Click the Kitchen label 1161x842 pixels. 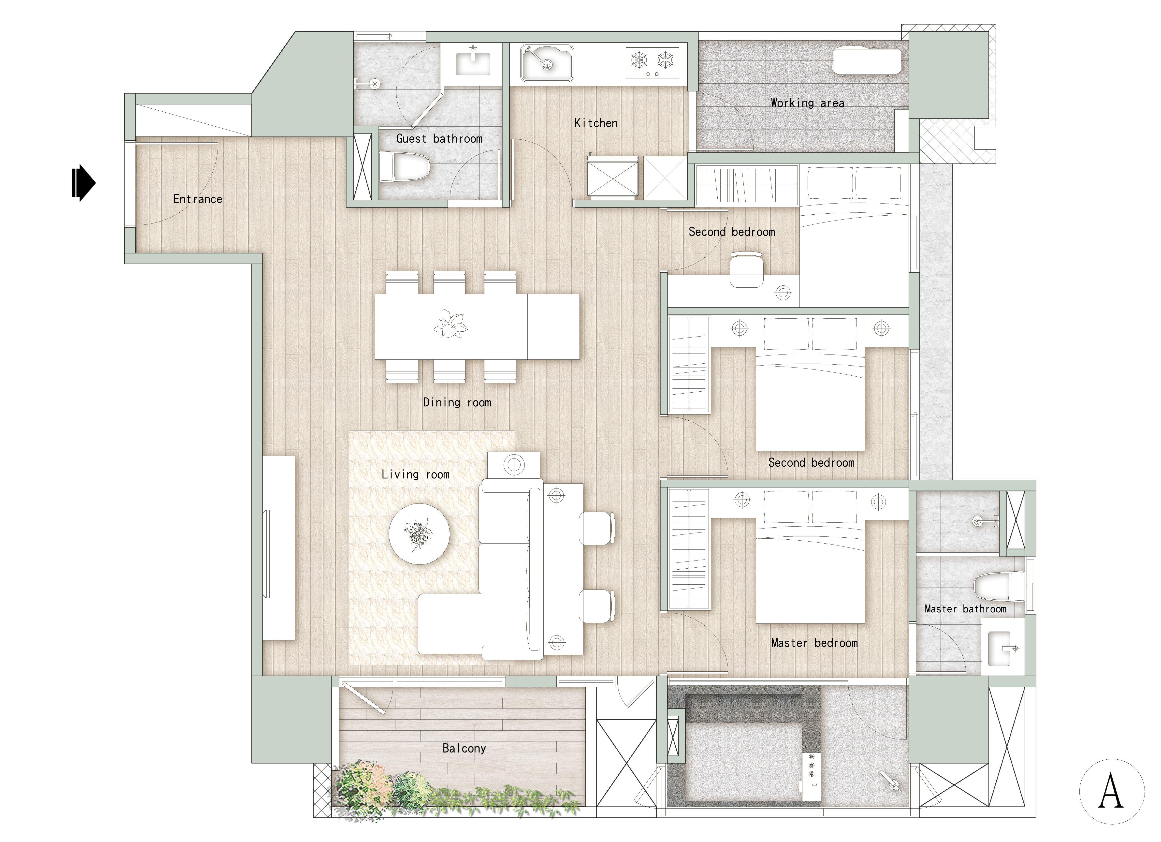pyautogui.click(x=596, y=123)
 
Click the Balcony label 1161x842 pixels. pyautogui.click(x=464, y=748)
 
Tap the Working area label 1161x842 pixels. pyautogui.click(x=807, y=103)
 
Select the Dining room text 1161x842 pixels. pyautogui.click(x=457, y=403)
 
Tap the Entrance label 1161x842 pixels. pyautogui.click(x=198, y=199)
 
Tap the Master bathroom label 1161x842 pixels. pyautogui.click(x=965, y=609)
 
